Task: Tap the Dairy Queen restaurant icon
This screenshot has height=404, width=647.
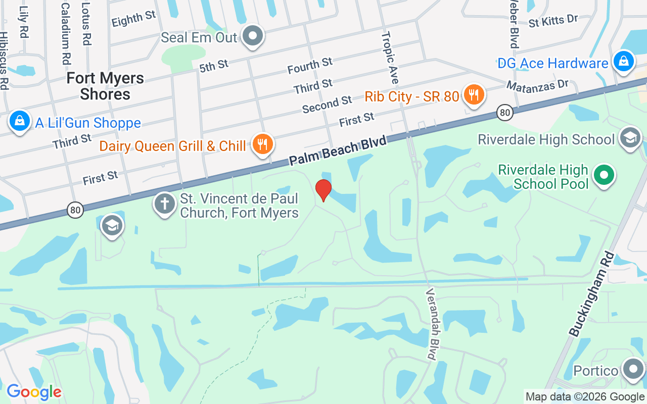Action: pos(261,144)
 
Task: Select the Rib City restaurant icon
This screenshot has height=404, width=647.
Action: pos(474,95)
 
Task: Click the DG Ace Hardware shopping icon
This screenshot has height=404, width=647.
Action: pos(623,62)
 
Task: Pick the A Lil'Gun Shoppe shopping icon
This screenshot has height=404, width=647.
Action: pos(19,122)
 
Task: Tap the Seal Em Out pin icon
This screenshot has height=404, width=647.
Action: pos(253,36)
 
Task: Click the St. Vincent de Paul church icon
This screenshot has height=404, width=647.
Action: pos(164,204)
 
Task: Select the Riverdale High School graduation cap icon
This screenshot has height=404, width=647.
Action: pos(630,138)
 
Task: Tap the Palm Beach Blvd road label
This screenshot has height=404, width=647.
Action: pos(338,150)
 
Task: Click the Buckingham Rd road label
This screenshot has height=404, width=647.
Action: pos(591,294)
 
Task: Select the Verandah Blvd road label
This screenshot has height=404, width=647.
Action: pos(431,324)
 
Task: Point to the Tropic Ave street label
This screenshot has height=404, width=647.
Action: pos(390,58)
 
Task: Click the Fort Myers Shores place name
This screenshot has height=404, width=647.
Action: pos(105,86)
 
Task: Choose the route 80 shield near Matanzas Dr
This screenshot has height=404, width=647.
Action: pos(504,112)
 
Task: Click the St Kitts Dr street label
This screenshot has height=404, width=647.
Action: pos(553,21)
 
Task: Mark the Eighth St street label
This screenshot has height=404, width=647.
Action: pos(134,19)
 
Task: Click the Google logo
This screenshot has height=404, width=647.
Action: pos(34,392)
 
